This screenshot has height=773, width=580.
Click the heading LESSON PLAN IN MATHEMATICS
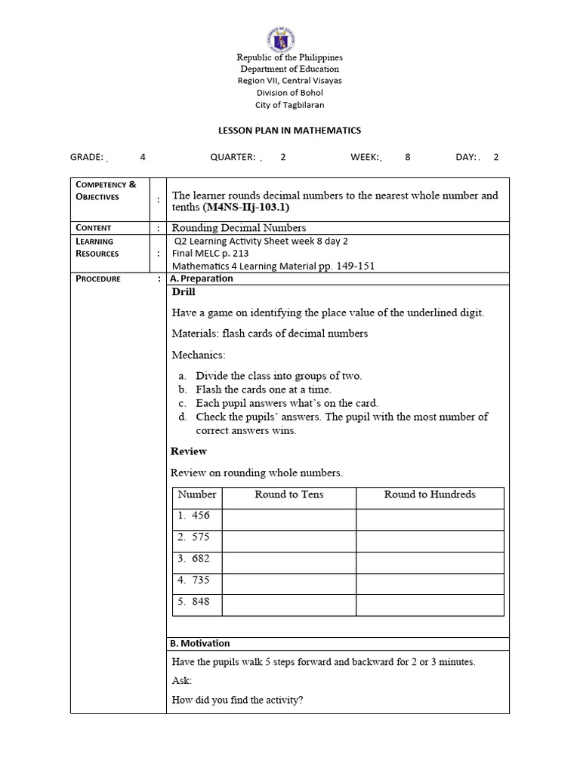click(x=289, y=131)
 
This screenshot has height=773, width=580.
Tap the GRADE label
click(x=86, y=157)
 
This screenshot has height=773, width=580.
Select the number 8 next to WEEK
click(x=408, y=157)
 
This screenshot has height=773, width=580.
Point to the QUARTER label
click(x=232, y=157)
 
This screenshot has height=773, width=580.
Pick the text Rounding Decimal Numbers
click(x=239, y=227)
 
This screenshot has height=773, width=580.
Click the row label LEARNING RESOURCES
click(x=97, y=248)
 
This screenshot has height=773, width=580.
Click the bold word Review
click(x=189, y=451)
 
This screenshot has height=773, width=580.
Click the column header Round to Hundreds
click(x=430, y=494)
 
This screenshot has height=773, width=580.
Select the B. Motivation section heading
click(x=200, y=643)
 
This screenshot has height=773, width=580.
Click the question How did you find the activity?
click(x=237, y=700)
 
